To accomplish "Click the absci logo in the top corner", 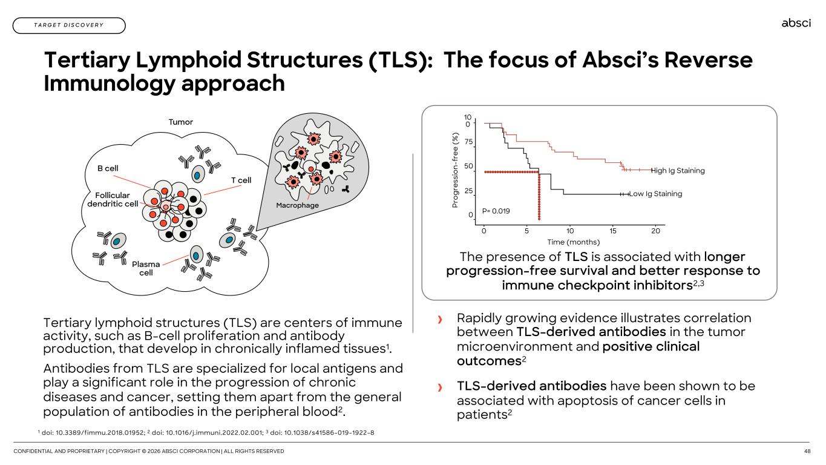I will click(x=796, y=23).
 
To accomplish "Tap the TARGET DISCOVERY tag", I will click(x=69, y=25).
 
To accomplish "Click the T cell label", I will click(x=241, y=180).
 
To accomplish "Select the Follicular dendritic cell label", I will click(x=113, y=200).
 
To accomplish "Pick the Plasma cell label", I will click(x=146, y=268).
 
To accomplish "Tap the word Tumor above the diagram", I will click(x=180, y=122).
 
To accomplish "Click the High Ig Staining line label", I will click(x=678, y=171).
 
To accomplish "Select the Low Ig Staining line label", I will click(x=655, y=194).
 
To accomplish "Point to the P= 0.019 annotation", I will click(x=496, y=211).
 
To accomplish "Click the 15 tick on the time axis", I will click(x=613, y=231).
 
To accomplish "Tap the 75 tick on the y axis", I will click(x=468, y=142).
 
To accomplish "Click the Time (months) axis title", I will click(x=569, y=242).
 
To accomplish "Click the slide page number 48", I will click(x=807, y=451).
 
